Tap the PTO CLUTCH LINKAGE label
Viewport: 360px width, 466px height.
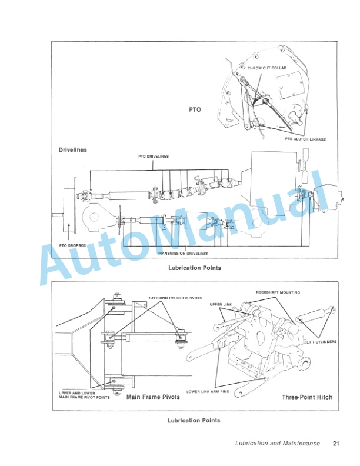click(305, 139)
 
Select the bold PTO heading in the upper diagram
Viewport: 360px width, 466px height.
click(195, 109)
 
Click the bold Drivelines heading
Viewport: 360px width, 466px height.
click(73, 150)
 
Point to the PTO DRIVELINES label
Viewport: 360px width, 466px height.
click(154, 157)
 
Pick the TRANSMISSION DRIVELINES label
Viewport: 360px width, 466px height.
click(182, 253)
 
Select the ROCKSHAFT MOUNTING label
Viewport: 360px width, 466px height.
click(278, 292)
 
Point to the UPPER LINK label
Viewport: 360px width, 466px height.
click(221, 304)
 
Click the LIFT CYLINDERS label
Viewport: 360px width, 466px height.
click(322, 341)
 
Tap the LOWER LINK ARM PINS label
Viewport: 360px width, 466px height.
click(208, 391)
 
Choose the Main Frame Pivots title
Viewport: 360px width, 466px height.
click(153, 397)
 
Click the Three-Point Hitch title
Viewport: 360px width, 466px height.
click(307, 397)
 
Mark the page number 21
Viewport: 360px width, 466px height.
click(336, 444)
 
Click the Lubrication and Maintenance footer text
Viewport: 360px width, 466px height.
click(278, 444)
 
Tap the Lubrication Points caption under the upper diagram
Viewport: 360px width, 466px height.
click(194, 268)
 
